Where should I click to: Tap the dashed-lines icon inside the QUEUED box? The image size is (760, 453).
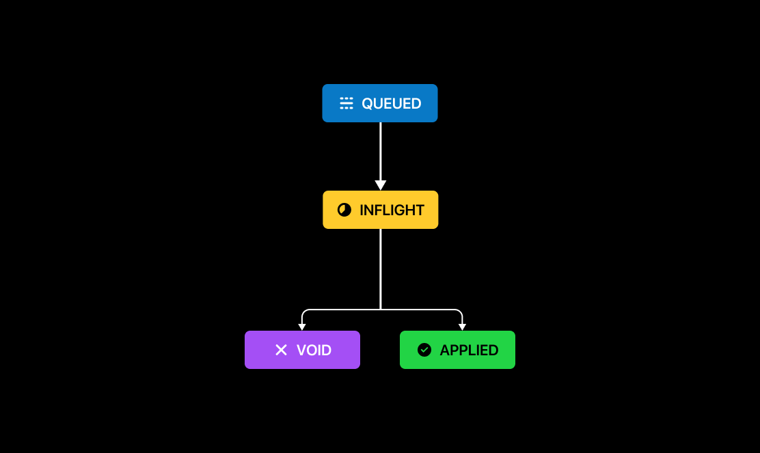pos(347,103)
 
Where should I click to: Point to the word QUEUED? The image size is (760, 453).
pos(391,104)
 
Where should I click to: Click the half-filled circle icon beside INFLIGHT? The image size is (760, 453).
pos(344,210)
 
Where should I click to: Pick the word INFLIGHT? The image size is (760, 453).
pos(392,210)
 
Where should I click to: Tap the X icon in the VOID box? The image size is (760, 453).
pos(281,350)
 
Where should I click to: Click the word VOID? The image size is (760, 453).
pos(314,351)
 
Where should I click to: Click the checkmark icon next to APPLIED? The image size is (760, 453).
pos(424,350)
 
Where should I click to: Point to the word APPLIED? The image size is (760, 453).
pos(469,351)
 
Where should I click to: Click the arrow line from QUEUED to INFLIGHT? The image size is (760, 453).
pos(380,150)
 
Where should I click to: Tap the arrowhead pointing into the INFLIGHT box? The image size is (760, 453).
pos(380,185)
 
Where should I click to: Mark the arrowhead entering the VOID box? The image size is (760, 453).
pos(302,327)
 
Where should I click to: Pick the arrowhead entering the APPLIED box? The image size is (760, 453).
pos(462,327)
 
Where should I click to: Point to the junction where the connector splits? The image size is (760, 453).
pos(380,310)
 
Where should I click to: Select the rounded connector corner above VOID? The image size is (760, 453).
pos(304,312)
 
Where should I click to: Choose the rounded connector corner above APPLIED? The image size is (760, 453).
pos(460,312)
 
